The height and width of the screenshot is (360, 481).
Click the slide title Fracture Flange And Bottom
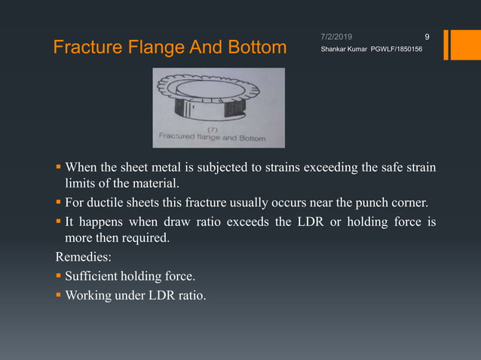[170, 48]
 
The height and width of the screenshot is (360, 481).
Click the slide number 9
[427, 36]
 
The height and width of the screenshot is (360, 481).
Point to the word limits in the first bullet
[75, 184]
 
